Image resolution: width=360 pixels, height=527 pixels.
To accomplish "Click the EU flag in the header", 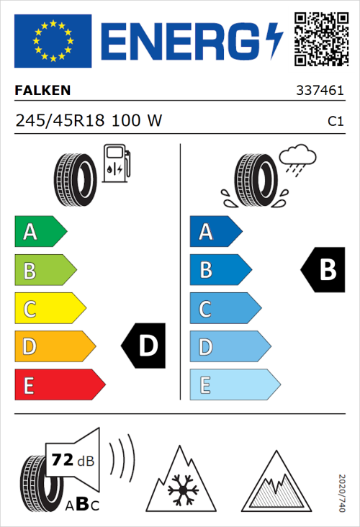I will (x=53, y=41).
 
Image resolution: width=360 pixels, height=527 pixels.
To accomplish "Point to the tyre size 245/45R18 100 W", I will (x=88, y=121).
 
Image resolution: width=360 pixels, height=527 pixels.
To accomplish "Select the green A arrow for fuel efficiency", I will (x=40, y=232).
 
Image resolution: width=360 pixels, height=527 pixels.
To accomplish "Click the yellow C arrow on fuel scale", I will (x=49, y=309).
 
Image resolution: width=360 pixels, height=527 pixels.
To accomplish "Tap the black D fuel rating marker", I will (x=145, y=346).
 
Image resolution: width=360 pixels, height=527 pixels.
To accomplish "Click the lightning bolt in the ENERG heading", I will (x=274, y=41).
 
